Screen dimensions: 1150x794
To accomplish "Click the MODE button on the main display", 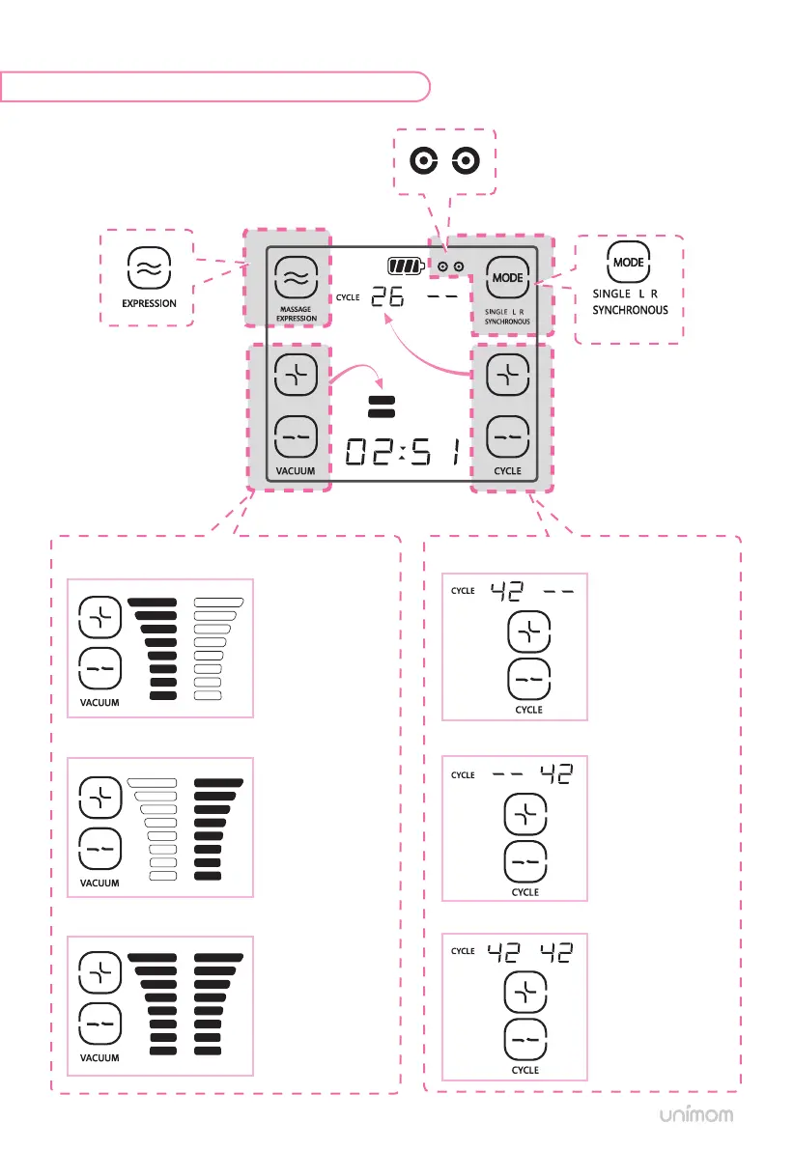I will [x=508, y=277].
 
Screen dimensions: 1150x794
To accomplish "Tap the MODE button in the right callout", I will [x=629, y=262].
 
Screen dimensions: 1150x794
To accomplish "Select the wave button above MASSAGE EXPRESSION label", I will [x=297, y=277].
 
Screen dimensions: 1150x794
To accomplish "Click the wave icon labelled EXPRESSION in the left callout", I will [x=149, y=269].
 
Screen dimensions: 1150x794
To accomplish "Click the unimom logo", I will [x=695, y=1115].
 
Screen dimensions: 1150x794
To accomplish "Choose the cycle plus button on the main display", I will [x=508, y=375].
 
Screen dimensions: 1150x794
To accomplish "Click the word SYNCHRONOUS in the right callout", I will [x=630, y=310].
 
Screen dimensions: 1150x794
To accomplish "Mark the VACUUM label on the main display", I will [x=297, y=471].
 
